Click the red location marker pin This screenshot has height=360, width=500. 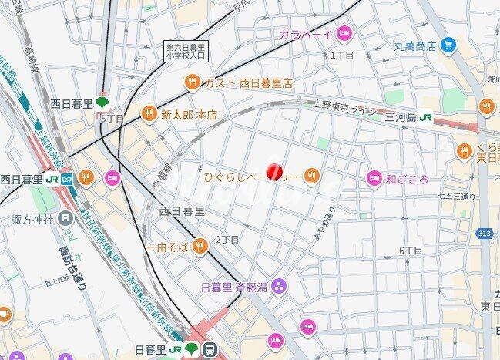[x=274, y=172]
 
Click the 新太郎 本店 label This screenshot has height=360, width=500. [x=189, y=115]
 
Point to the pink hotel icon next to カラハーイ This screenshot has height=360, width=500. [x=344, y=33]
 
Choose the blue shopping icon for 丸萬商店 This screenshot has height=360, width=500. [x=449, y=45]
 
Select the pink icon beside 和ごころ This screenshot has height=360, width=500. [x=374, y=179]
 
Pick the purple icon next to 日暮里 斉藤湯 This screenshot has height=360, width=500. [x=278, y=288]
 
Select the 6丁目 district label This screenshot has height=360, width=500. [x=411, y=251]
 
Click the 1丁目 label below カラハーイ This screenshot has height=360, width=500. [x=342, y=56]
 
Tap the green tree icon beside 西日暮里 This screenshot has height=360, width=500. [x=102, y=103]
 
